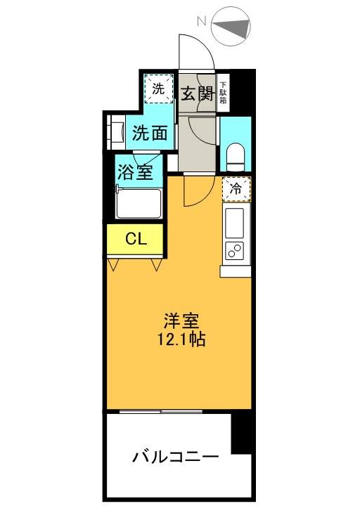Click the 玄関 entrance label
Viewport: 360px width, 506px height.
click(198, 94)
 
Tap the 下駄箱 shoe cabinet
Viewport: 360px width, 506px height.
click(223, 93)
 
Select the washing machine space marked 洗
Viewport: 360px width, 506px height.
click(158, 89)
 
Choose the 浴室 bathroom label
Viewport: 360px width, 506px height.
click(135, 171)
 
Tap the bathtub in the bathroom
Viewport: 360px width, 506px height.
click(139, 204)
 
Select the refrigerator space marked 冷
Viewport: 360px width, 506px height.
click(237, 190)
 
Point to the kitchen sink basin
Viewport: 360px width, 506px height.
click(235, 223)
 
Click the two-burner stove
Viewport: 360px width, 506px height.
click(235, 249)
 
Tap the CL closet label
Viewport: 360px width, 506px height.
click(136, 239)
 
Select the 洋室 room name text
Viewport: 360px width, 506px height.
click(181, 320)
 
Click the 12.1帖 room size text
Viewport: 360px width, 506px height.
click(181, 339)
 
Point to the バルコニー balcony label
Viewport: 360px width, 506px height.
click(175, 457)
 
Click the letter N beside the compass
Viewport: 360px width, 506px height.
click(202, 21)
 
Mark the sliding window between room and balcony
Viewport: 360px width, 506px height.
click(161, 411)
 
